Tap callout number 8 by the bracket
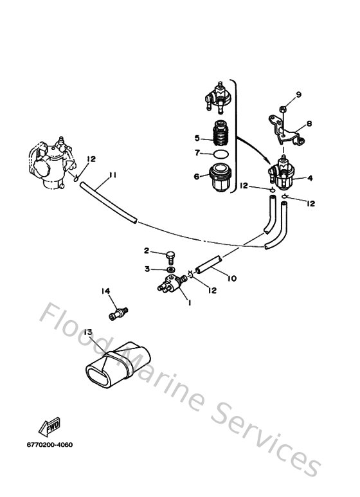pos(309,123)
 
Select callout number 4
pos(310,178)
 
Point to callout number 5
pos(197,138)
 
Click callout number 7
pos(197,153)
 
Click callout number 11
pos(113,175)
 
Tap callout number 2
pos(147,251)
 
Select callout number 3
pos(147,269)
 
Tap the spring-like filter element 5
pos(221,135)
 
